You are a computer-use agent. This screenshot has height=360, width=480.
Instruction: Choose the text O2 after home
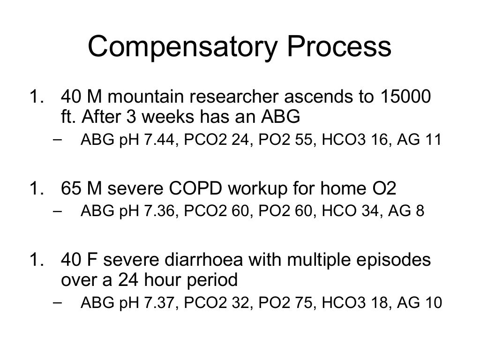coord(383,189)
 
